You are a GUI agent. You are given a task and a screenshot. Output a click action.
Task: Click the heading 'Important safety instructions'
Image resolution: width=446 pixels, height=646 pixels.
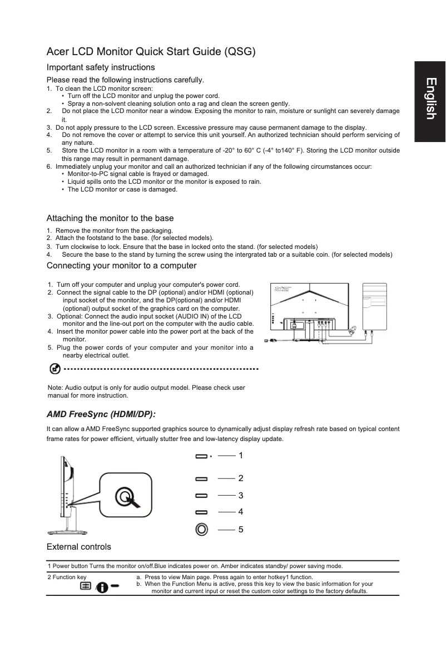(x=100, y=67)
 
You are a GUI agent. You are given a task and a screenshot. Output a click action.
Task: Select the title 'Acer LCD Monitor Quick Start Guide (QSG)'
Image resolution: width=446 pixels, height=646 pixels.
(x=151, y=52)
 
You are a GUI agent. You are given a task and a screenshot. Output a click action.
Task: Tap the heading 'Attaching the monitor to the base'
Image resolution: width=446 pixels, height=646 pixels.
(x=110, y=218)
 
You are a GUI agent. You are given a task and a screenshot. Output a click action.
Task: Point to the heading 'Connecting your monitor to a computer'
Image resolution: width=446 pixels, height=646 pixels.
(x=121, y=265)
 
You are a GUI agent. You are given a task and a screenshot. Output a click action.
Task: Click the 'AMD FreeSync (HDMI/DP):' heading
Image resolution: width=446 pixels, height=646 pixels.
(x=101, y=414)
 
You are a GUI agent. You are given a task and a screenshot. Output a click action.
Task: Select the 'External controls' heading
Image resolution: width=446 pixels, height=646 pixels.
(x=78, y=546)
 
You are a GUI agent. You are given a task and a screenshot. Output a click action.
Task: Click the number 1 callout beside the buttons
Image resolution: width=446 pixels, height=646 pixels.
(x=240, y=456)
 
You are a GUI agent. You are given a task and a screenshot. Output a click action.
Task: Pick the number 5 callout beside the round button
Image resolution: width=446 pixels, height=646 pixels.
(x=240, y=529)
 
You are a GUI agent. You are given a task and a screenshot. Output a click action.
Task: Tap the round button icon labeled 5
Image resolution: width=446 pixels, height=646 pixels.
(x=201, y=529)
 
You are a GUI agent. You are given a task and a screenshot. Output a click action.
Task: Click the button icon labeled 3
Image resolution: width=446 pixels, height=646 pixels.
(x=201, y=495)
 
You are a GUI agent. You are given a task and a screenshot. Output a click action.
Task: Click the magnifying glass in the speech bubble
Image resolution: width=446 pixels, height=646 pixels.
(x=125, y=496)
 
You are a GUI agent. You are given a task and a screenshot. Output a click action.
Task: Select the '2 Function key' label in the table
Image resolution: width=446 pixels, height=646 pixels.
(x=67, y=577)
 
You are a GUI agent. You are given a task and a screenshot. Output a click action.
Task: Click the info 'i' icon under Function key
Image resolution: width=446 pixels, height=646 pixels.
(x=102, y=588)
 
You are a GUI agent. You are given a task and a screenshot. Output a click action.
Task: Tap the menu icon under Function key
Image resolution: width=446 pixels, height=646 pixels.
(x=86, y=586)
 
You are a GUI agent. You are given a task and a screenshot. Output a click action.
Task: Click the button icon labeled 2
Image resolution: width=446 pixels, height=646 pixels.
(x=201, y=478)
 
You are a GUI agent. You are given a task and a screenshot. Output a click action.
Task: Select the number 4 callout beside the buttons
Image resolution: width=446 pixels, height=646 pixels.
(x=240, y=511)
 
